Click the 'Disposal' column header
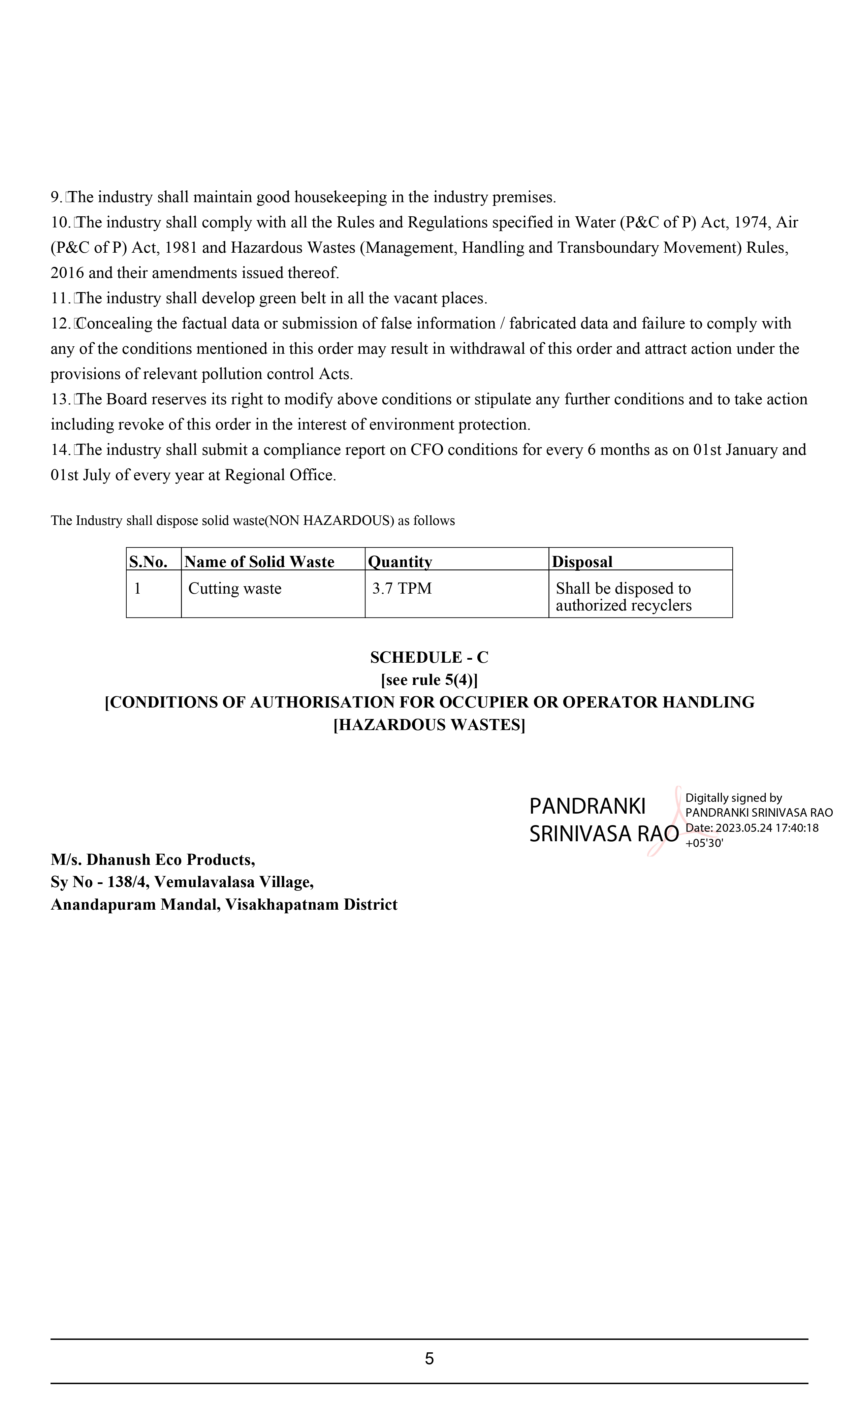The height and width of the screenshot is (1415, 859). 582,562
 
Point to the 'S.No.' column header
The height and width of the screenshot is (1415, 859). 148,562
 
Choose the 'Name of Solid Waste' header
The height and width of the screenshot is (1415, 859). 259,562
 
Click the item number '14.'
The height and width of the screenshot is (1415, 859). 60,450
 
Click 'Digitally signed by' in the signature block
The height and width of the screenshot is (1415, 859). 733,798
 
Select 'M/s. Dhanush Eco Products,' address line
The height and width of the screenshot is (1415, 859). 153,860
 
